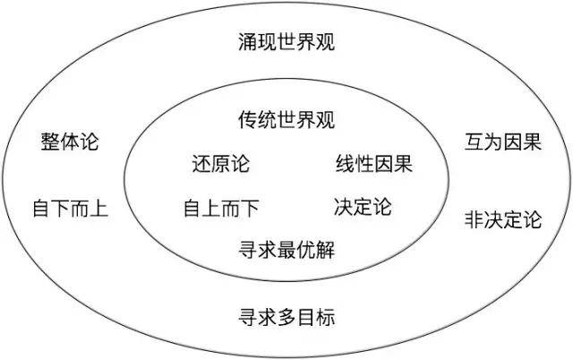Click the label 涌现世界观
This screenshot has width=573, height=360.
coord(286,42)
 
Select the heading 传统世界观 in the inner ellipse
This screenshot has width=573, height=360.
coord(286,119)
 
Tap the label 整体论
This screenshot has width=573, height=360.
coord(70,141)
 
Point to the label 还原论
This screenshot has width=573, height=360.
coord(221,163)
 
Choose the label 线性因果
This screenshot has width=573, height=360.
coord(374,163)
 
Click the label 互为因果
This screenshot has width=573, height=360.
coord(503,141)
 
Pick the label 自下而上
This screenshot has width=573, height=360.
coord(71,209)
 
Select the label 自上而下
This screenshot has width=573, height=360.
coord(221,209)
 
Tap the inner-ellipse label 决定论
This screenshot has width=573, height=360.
coord(363,207)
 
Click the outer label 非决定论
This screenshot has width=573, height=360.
coord(503,219)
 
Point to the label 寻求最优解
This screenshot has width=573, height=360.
coord(286,250)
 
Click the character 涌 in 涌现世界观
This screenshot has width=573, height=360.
coord(248,42)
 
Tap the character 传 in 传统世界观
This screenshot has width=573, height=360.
coord(248,119)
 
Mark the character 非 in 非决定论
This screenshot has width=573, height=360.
coord(475,219)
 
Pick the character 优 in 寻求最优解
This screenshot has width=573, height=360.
coord(306,250)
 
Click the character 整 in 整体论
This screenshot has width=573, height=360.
coord(51,141)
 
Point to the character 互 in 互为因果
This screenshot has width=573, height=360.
coord(475,141)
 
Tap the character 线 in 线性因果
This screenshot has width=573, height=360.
coord(346,163)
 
